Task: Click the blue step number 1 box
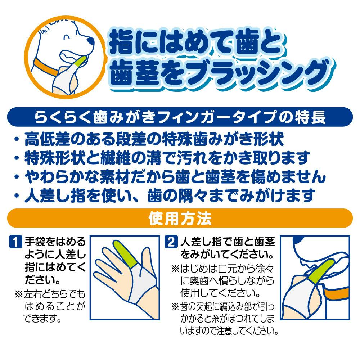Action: pos(15,242)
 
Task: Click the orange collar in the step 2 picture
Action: pos(336,294)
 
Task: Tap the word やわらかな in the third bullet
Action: pos(62,177)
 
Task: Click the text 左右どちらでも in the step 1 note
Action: pos(54,294)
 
